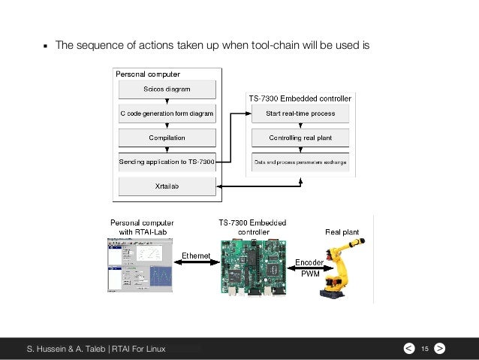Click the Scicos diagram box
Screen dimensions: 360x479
click(x=167, y=89)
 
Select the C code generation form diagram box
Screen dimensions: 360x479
click(x=167, y=114)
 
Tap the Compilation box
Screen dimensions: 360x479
click(x=167, y=138)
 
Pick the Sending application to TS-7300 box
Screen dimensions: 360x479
click(x=167, y=162)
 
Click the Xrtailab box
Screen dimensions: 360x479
click(x=167, y=186)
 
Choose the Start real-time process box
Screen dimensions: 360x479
click(x=300, y=114)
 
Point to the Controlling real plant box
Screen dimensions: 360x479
click(x=300, y=138)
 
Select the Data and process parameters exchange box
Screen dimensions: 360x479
click(x=300, y=162)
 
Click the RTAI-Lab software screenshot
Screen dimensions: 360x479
click(x=140, y=268)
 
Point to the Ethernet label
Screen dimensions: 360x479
click(x=196, y=256)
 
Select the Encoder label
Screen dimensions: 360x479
click(x=309, y=262)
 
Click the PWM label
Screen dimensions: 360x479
click(x=309, y=275)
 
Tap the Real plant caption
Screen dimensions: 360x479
click(x=343, y=232)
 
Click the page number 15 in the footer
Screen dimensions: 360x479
click(x=424, y=349)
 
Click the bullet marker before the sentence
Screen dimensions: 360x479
click(x=44, y=46)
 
